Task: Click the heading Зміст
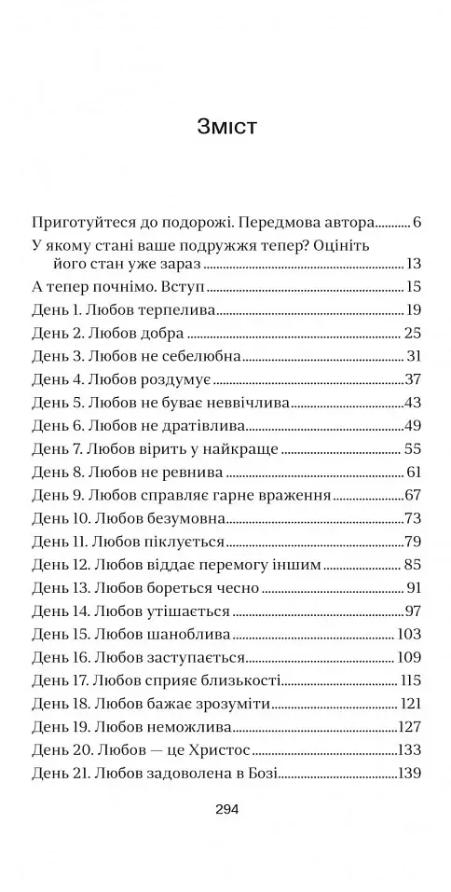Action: (227, 127)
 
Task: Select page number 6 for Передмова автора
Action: (417, 223)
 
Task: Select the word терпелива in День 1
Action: (184, 310)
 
